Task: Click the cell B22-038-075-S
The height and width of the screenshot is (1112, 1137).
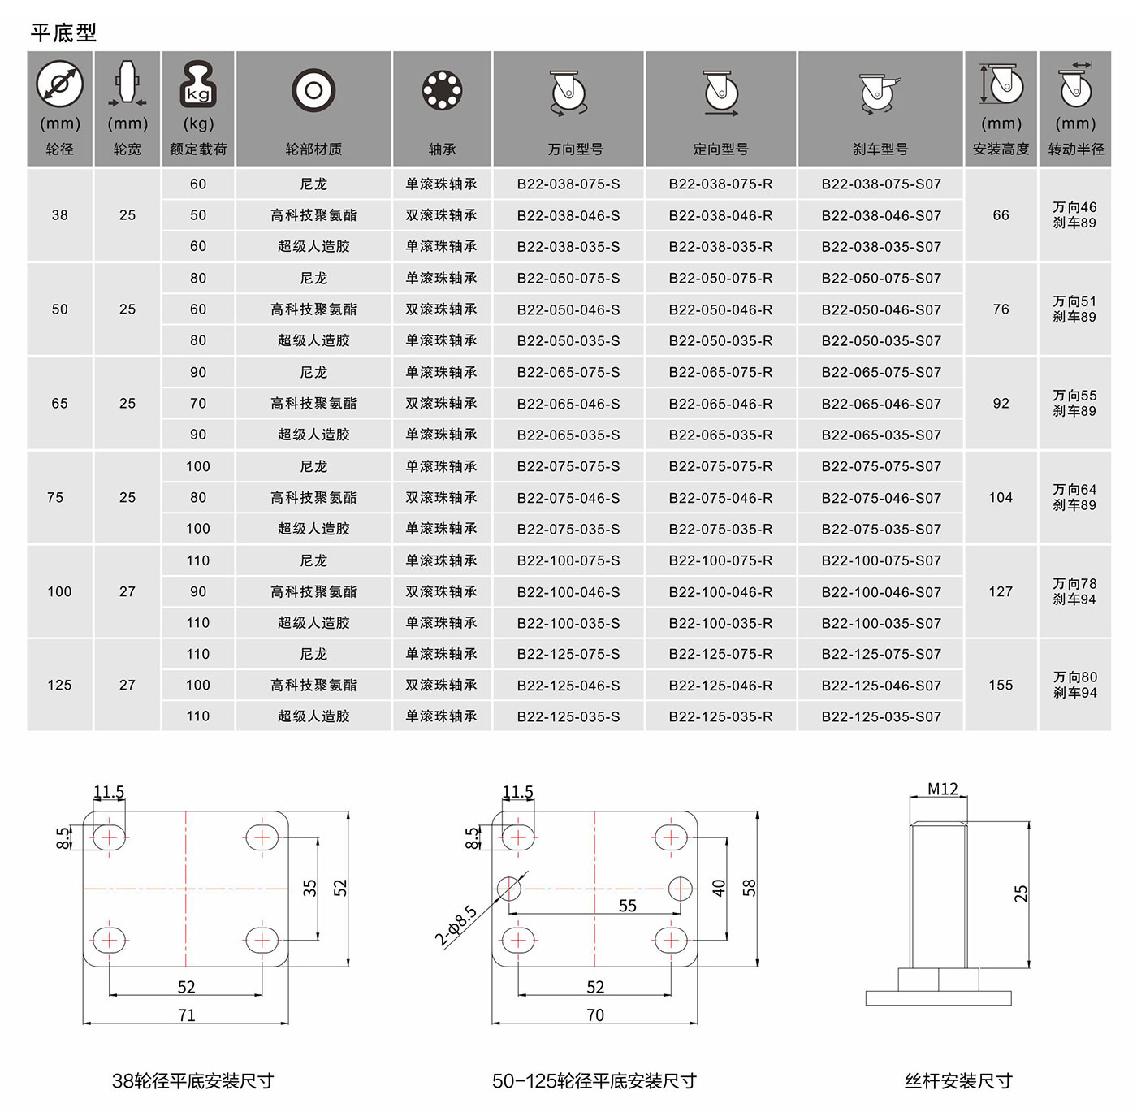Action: pyautogui.click(x=568, y=184)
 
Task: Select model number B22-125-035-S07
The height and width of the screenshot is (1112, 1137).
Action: pyautogui.click(x=881, y=716)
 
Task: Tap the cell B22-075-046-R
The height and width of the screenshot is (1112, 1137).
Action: pyautogui.click(x=720, y=498)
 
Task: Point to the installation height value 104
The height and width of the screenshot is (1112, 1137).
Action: pyautogui.click(x=1001, y=497)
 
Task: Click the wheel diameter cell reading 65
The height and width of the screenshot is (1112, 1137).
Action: pyautogui.click(x=59, y=403)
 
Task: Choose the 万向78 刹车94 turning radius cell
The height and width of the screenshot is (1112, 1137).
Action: pyautogui.click(x=1074, y=591)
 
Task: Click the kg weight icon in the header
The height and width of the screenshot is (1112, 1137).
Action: pyautogui.click(x=198, y=85)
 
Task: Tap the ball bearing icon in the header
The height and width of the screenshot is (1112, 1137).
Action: pyautogui.click(x=443, y=91)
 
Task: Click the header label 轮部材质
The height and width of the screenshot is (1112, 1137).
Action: pyautogui.click(x=313, y=149)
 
